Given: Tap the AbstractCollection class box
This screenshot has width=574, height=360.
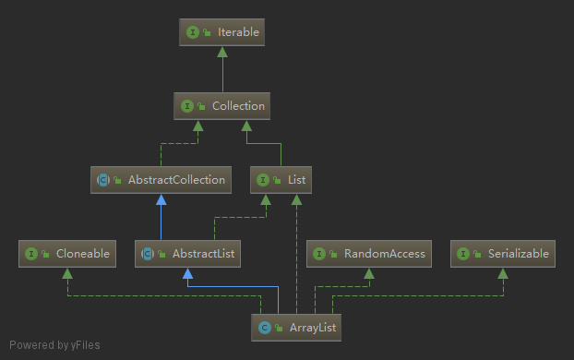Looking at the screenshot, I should pos(162,180).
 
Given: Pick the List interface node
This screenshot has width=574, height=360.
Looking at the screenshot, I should pos(281,180).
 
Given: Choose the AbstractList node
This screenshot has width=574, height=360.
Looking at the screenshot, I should pos(188,253).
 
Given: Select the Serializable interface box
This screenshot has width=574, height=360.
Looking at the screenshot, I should pos(503,253).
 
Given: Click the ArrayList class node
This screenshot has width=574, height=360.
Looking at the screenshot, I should pos(296,327).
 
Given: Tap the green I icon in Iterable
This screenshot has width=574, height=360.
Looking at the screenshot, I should pos(193,32).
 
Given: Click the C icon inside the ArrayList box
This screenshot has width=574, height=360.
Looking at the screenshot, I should pos(265,327).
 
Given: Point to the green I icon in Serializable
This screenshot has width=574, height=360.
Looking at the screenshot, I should pos(464,253).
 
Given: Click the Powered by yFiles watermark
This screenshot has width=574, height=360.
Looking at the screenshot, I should pos(54,345).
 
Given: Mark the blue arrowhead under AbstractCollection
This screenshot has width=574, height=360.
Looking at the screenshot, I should pos(162,199).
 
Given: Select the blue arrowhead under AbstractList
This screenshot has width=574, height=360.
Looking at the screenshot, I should pos(188,273).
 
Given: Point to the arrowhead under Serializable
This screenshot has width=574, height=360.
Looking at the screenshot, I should pos(503,273).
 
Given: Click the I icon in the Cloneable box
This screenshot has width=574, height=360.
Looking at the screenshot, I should pos(31,253).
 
